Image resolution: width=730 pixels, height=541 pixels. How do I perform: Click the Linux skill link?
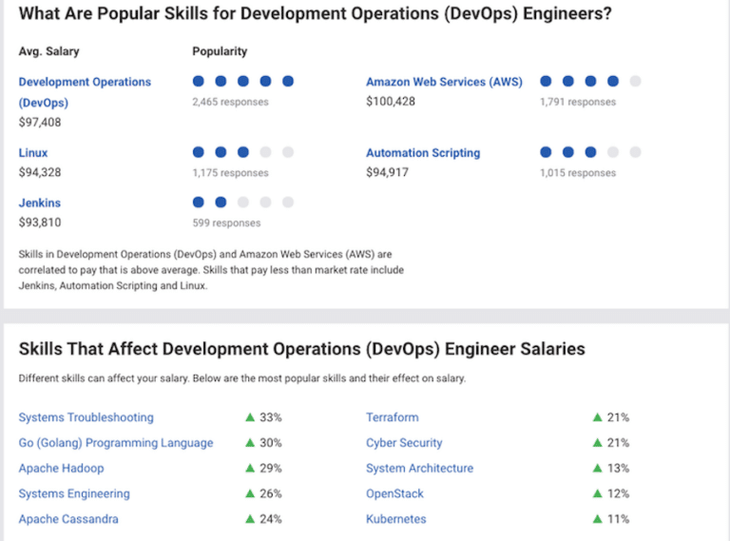(x=33, y=153)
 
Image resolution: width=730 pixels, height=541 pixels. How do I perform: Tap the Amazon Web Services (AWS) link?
(x=444, y=83)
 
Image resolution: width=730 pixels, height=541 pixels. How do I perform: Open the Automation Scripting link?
(x=423, y=153)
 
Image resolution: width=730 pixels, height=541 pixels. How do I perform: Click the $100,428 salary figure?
(x=391, y=102)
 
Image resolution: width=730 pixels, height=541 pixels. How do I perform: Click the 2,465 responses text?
(x=230, y=102)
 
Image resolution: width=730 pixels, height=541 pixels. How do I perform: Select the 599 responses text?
(x=226, y=222)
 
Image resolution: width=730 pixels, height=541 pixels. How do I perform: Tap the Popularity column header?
(x=220, y=51)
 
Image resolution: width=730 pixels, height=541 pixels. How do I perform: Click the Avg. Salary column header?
(x=49, y=51)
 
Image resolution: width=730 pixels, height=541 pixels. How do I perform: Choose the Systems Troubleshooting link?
(x=86, y=417)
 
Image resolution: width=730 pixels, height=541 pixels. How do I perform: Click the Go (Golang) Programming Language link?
(x=116, y=443)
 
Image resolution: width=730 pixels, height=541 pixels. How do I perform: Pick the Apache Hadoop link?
(x=61, y=469)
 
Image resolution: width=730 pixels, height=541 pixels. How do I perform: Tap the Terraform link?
(x=392, y=417)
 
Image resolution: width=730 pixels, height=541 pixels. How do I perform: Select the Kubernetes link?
(x=395, y=519)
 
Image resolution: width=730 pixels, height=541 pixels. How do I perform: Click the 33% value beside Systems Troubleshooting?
(x=271, y=417)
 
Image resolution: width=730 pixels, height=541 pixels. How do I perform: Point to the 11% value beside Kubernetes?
(x=618, y=519)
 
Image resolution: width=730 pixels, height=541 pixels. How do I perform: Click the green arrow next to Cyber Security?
(x=598, y=443)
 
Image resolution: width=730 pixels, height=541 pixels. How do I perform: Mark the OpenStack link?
(x=394, y=494)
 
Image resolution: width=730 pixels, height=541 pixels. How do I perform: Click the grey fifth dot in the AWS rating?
(x=635, y=82)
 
